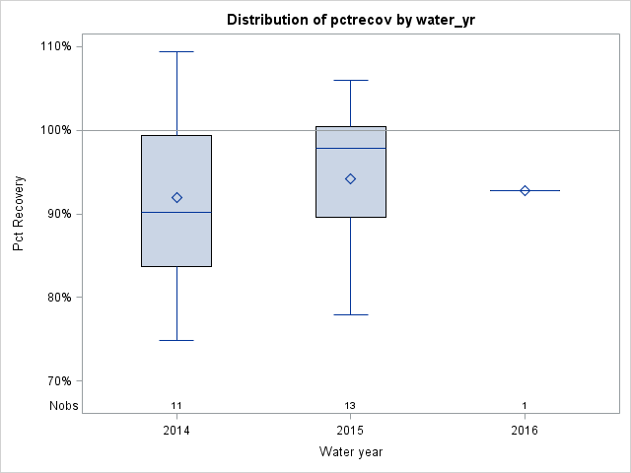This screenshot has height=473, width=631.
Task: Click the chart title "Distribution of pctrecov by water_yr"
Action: (x=350, y=20)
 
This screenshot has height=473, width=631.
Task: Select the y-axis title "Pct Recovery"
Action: (x=19, y=214)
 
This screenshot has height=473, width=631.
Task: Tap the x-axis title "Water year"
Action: (x=350, y=451)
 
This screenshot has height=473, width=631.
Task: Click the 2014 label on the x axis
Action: (x=176, y=431)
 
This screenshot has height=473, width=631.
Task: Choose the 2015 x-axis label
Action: (x=350, y=431)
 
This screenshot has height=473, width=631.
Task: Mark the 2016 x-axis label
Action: (x=525, y=431)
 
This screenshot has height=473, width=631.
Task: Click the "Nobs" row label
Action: (x=58, y=405)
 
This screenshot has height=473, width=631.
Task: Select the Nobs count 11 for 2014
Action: (x=176, y=405)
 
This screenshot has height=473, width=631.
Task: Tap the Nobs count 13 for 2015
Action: (x=350, y=405)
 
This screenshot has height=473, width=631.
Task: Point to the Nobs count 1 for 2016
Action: (x=525, y=405)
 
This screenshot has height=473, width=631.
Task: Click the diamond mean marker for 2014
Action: (x=176, y=197)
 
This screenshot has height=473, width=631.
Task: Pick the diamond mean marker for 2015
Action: (x=350, y=178)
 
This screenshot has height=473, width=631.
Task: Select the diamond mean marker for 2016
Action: (x=525, y=190)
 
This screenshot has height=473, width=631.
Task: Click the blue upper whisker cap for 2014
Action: (x=176, y=51)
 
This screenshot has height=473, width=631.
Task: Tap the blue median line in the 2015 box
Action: (x=350, y=148)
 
